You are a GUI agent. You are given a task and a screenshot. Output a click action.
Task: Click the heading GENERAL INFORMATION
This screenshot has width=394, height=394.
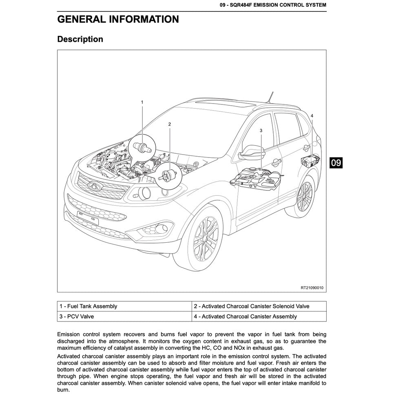click(x=118, y=19)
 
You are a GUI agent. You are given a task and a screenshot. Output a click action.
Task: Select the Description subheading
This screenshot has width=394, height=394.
click(x=80, y=39)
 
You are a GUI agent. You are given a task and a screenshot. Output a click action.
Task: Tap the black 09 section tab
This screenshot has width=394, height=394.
click(x=336, y=163)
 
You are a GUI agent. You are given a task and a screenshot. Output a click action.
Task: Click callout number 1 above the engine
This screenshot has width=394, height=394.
click(x=142, y=102)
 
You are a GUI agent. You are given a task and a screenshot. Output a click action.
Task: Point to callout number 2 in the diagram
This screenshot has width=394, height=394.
click(x=169, y=124)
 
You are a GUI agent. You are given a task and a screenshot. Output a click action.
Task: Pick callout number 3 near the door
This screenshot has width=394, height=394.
click(x=261, y=130)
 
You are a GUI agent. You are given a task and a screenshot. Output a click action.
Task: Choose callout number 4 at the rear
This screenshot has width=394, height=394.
click(x=312, y=116)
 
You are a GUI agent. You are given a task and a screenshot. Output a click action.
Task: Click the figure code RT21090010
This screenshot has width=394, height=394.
click(x=312, y=288)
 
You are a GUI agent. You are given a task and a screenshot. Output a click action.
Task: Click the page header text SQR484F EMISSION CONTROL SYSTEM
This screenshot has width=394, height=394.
click(x=272, y=5)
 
